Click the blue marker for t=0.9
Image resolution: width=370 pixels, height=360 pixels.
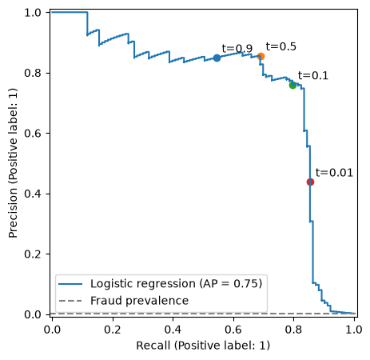tap(217, 58)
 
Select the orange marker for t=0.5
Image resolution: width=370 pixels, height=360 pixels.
tap(261, 57)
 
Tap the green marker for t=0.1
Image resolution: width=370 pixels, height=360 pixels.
tap(292, 86)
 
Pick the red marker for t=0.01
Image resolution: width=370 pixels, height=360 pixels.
tap(310, 182)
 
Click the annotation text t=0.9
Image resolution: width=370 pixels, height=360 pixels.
tap(237, 49)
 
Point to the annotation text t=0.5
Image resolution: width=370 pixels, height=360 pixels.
tap(281, 46)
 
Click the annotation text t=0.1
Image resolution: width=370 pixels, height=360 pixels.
tap(313, 76)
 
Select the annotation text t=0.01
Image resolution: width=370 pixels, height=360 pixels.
tap(334, 173)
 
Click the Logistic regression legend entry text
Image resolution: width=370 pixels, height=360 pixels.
tap(176, 283)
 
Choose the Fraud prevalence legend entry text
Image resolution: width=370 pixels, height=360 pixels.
tap(139, 301)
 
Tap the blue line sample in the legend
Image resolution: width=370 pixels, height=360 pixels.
tap(70, 284)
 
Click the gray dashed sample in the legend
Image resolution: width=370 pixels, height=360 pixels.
tap(70, 301)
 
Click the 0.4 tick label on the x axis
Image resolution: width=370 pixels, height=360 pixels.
tap(173, 330)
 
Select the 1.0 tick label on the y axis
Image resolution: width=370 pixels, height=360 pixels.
tap(33, 13)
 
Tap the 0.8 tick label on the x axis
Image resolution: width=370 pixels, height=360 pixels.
tap(293, 330)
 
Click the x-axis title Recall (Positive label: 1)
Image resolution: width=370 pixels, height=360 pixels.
tap(203, 346)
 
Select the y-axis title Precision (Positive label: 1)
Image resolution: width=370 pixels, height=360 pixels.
tap(13, 163)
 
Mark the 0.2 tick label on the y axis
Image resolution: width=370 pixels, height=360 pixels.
tap(33, 254)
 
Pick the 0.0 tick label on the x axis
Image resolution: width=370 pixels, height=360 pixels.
tap(52, 330)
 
